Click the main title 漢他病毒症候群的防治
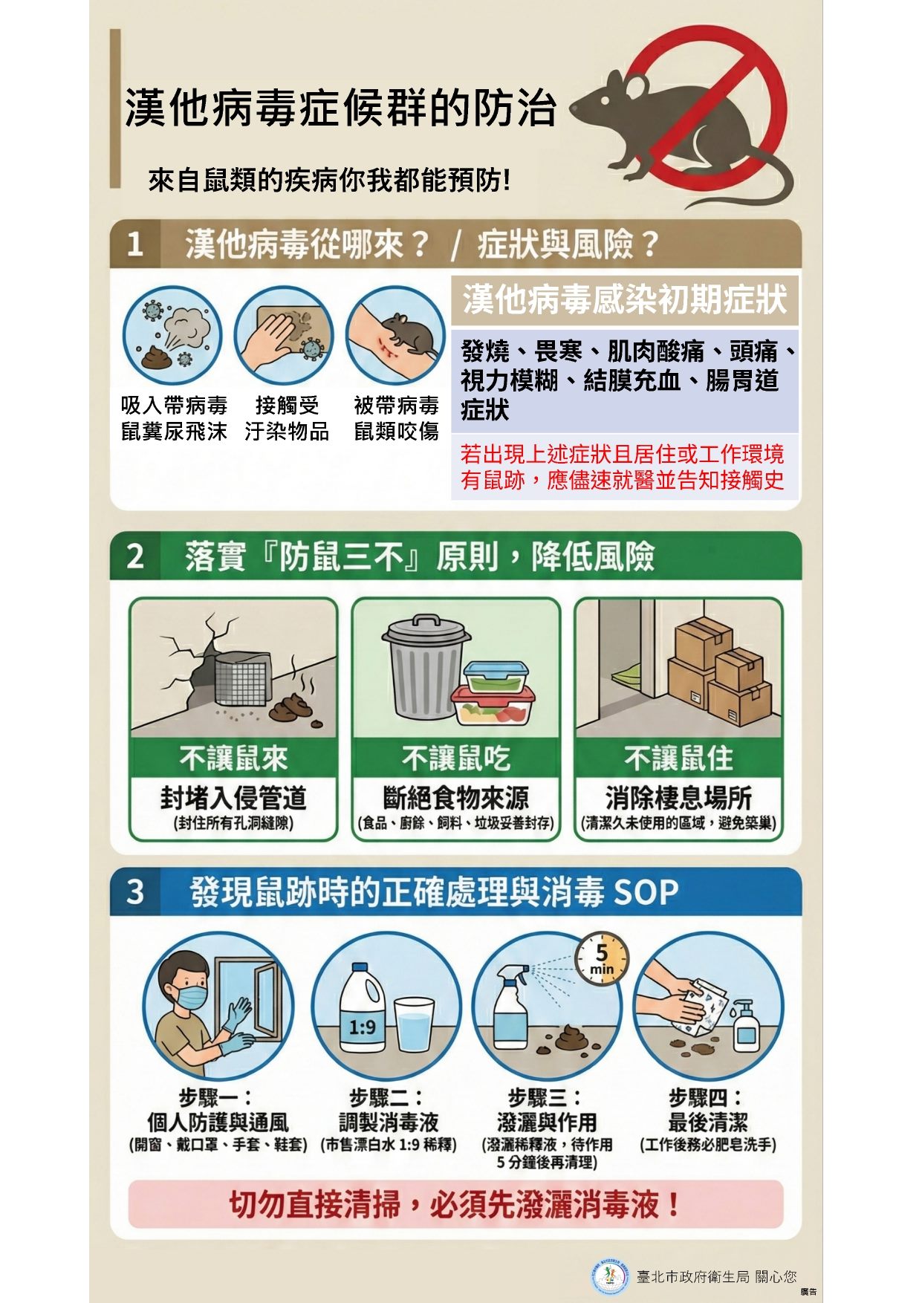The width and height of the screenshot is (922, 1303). pyautogui.click(x=340, y=108)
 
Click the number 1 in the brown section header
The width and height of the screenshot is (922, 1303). pyautogui.click(x=134, y=244)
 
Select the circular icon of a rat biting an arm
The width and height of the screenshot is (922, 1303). pyautogui.click(x=395, y=335)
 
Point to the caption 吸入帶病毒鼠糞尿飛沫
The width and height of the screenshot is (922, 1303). pyautogui.click(x=174, y=418)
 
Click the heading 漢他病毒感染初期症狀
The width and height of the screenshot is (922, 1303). pyautogui.click(x=625, y=299)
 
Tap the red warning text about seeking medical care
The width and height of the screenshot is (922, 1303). pyautogui.click(x=622, y=467)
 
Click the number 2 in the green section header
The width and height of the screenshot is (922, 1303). pyautogui.click(x=134, y=556)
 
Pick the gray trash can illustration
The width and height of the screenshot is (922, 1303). pyautogui.click(x=426, y=665)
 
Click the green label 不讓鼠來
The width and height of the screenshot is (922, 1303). pyautogui.click(x=233, y=758)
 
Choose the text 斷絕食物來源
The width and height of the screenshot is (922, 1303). pyautogui.click(x=455, y=798)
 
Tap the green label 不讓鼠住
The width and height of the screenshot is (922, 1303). pyautogui.click(x=678, y=758)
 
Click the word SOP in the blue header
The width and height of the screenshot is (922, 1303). pyautogui.click(x=646, y=892)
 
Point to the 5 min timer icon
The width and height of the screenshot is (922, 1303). pyautogui.click(x=602, y=959)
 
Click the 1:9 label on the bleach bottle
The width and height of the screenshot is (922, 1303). pyautogui.click(x=362, y=1027)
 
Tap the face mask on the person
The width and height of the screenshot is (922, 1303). pyautogui.click(x=192, y=997)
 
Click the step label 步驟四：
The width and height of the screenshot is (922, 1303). pyautogui.click(x=707, y=1096)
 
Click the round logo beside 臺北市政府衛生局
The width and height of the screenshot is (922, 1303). pyautogui.click(x=610, y=1275)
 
